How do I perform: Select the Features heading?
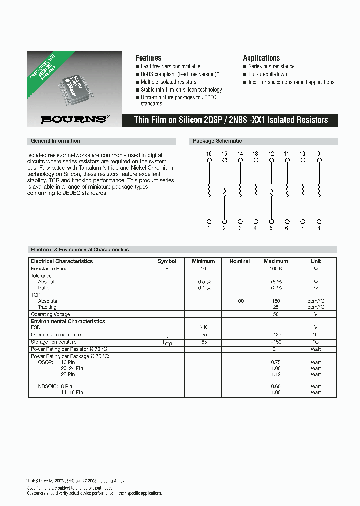click(x=148, y=58)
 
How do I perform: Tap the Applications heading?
click(x=261, y=58)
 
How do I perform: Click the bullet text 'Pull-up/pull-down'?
click(x=268, y=74)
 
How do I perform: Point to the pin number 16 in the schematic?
click(x=209, y=154)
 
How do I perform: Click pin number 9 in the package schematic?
click(x=319, y=154)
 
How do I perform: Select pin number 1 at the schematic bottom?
click(x=209, y=228)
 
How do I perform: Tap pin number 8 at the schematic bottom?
click(x=319, y=228)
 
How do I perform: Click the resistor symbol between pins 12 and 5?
click(x=271, y=190)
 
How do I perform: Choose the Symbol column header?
click(x=167, y=261)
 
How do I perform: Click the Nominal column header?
click(x=239, y=261)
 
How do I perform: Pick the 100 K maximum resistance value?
click(x=276, y=269)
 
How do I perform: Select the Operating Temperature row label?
click(x=56, y=335)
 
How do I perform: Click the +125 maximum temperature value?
click(x=276, y=335)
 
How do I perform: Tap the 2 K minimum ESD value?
click(x=203, y=327)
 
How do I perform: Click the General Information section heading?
click(x=55, y=141)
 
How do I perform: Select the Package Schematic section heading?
click(x=217, y=141)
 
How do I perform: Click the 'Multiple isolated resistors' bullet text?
click(x=168, y=82)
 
